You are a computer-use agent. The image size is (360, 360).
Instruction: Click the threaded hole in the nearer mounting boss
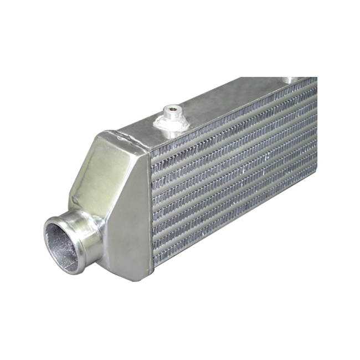[173, 110]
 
